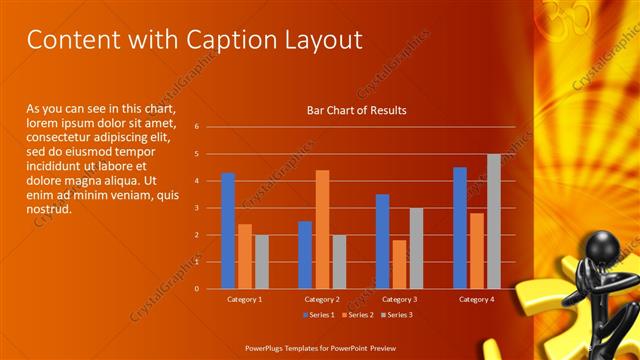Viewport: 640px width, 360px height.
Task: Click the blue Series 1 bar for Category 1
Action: point(228,231)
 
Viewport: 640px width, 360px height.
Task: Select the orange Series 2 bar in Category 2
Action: point(322,229)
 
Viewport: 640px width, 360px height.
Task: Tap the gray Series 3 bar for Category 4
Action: point(493,221)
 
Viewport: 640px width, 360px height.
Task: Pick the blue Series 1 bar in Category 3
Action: point(382,241)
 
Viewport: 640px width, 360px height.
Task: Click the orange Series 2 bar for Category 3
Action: point(399,264)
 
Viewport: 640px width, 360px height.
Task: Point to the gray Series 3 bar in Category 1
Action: point(261,262)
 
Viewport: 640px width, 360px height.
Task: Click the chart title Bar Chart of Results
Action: point(356,110)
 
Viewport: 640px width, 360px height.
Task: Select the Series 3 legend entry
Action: point(395,315)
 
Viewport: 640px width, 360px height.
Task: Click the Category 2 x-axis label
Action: point(321,299)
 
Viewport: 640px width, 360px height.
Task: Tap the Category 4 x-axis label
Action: point(476,299)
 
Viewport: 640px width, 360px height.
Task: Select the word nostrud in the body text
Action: point(47,209)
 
